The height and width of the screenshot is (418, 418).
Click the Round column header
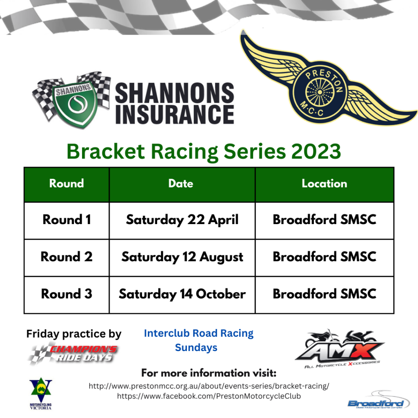click(67, 183)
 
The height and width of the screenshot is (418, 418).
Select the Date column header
click(181, 183)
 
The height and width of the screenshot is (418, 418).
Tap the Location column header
click(325, 183)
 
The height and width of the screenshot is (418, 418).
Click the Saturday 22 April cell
click(182, 220)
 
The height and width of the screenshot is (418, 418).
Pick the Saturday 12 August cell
click(182, 257)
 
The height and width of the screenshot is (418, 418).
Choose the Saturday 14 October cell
click(182, 294)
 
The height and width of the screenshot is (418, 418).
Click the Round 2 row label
click(67, 257)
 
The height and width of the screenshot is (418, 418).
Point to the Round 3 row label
click(67, 294)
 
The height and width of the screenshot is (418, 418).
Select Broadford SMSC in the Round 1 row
click(325, 219)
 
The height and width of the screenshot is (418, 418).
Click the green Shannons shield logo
click(73, 102)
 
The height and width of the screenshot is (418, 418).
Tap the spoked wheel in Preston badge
click(320, 92)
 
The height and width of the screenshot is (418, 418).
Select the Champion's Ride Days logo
click(74, 353)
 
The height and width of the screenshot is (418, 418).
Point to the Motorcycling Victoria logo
click(41, 393)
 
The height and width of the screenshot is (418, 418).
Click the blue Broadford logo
click(378, 401)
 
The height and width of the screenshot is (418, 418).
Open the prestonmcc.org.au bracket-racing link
click(209, 386)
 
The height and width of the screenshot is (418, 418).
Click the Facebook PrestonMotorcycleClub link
click(209, 396)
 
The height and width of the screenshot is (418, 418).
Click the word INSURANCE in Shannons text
click(175, 114)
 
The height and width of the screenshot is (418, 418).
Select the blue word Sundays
click(196, 348)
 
